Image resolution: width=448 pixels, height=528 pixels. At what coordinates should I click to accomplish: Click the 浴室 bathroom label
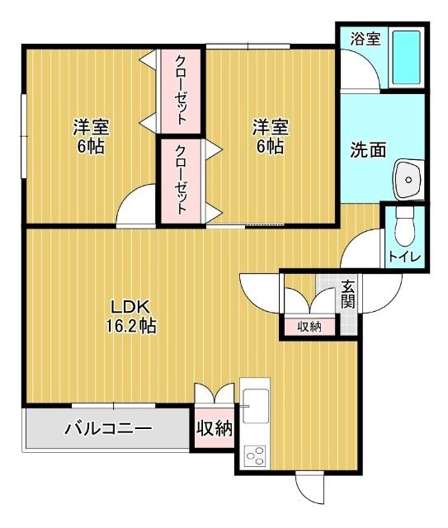tap(364, 38)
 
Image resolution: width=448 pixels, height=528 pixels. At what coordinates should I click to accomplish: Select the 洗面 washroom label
tap(368, 150)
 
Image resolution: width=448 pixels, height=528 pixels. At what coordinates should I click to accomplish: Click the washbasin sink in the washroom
tap(407, 178)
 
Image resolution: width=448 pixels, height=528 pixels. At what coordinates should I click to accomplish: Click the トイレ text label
tap(405, 257)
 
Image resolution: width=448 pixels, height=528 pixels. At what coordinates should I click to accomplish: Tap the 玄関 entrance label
tap(349, 294)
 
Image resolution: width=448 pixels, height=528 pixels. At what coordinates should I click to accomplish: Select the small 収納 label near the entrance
tap(309, 327)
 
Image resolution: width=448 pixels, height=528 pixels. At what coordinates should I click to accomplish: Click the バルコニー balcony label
tap(107, 428)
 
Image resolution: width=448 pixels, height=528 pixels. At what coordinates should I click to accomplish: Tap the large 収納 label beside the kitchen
tap(214, 428)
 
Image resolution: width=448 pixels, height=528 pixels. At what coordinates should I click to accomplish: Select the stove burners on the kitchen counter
tap(254, 455)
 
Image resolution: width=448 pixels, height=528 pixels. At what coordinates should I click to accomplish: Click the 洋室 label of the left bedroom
tap(91, 128)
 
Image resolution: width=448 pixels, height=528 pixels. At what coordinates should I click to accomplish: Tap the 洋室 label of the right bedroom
tap(270, 128)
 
